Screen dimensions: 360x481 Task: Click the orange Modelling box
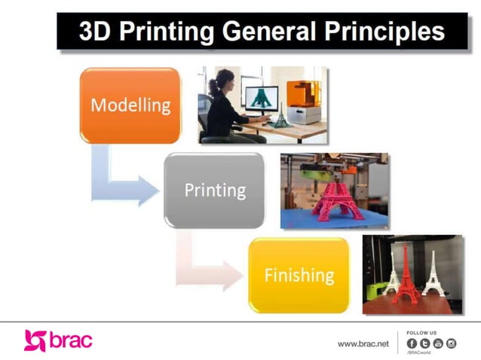[130, 105]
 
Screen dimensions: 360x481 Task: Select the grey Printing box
[215, 190]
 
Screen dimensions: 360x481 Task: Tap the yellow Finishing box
[299, 275]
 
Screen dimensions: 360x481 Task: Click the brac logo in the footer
[58, 340]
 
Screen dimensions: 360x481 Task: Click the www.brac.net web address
[363, 343]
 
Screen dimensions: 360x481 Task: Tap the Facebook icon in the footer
[412, 343]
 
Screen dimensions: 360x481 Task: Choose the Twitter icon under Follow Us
[424, 343]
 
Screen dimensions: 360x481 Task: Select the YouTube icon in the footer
[438, 343]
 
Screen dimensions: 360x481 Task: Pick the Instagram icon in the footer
[452, 343]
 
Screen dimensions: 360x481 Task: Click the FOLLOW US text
[421, 332]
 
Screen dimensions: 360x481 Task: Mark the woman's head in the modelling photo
[225, 78]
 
